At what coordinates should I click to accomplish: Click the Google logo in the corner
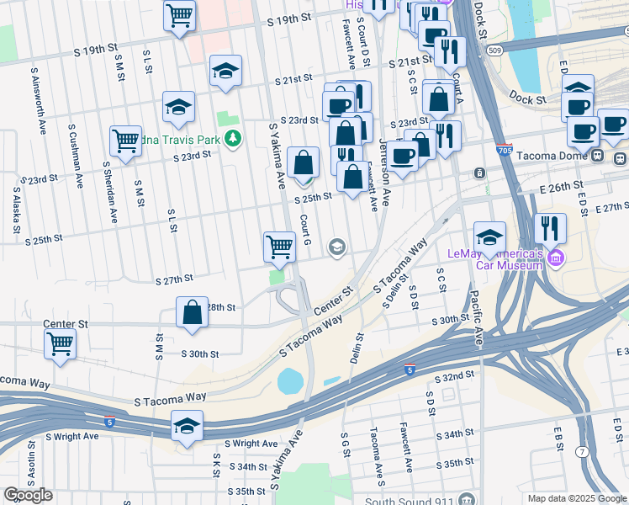click(28, 495)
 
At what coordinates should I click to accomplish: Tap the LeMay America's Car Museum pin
click(555, 256)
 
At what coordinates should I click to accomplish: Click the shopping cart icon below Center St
click(61, 343)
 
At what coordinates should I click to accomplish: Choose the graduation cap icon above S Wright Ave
click(187, 426)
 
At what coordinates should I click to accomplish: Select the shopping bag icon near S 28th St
click(193, 311)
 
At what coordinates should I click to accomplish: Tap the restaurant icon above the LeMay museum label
click(550, 228)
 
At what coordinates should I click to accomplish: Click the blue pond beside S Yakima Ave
click(291, 381)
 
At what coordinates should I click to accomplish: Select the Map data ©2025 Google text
click(577, 498)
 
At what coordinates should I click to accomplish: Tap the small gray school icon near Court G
click(337, 246)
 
